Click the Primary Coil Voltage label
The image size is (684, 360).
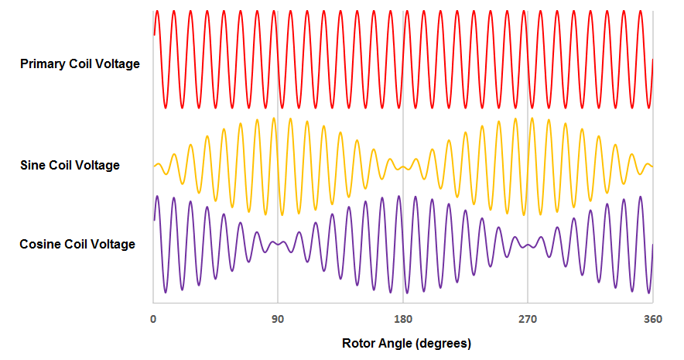80,63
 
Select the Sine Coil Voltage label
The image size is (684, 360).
70,165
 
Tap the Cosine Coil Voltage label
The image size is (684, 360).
77,245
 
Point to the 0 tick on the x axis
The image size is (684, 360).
153,319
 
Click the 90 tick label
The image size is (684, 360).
278,319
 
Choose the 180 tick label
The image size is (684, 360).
402,319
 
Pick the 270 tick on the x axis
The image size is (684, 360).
528,319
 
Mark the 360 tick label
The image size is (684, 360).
652,319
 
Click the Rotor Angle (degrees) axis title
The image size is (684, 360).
406,342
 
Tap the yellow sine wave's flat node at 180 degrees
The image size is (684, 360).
402,166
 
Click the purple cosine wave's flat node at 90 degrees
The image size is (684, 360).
278,245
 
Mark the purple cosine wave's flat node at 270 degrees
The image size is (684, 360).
528,245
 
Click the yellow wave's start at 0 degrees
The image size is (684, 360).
154,166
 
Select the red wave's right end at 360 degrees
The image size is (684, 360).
653,60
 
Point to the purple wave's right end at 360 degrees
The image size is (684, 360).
653,245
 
